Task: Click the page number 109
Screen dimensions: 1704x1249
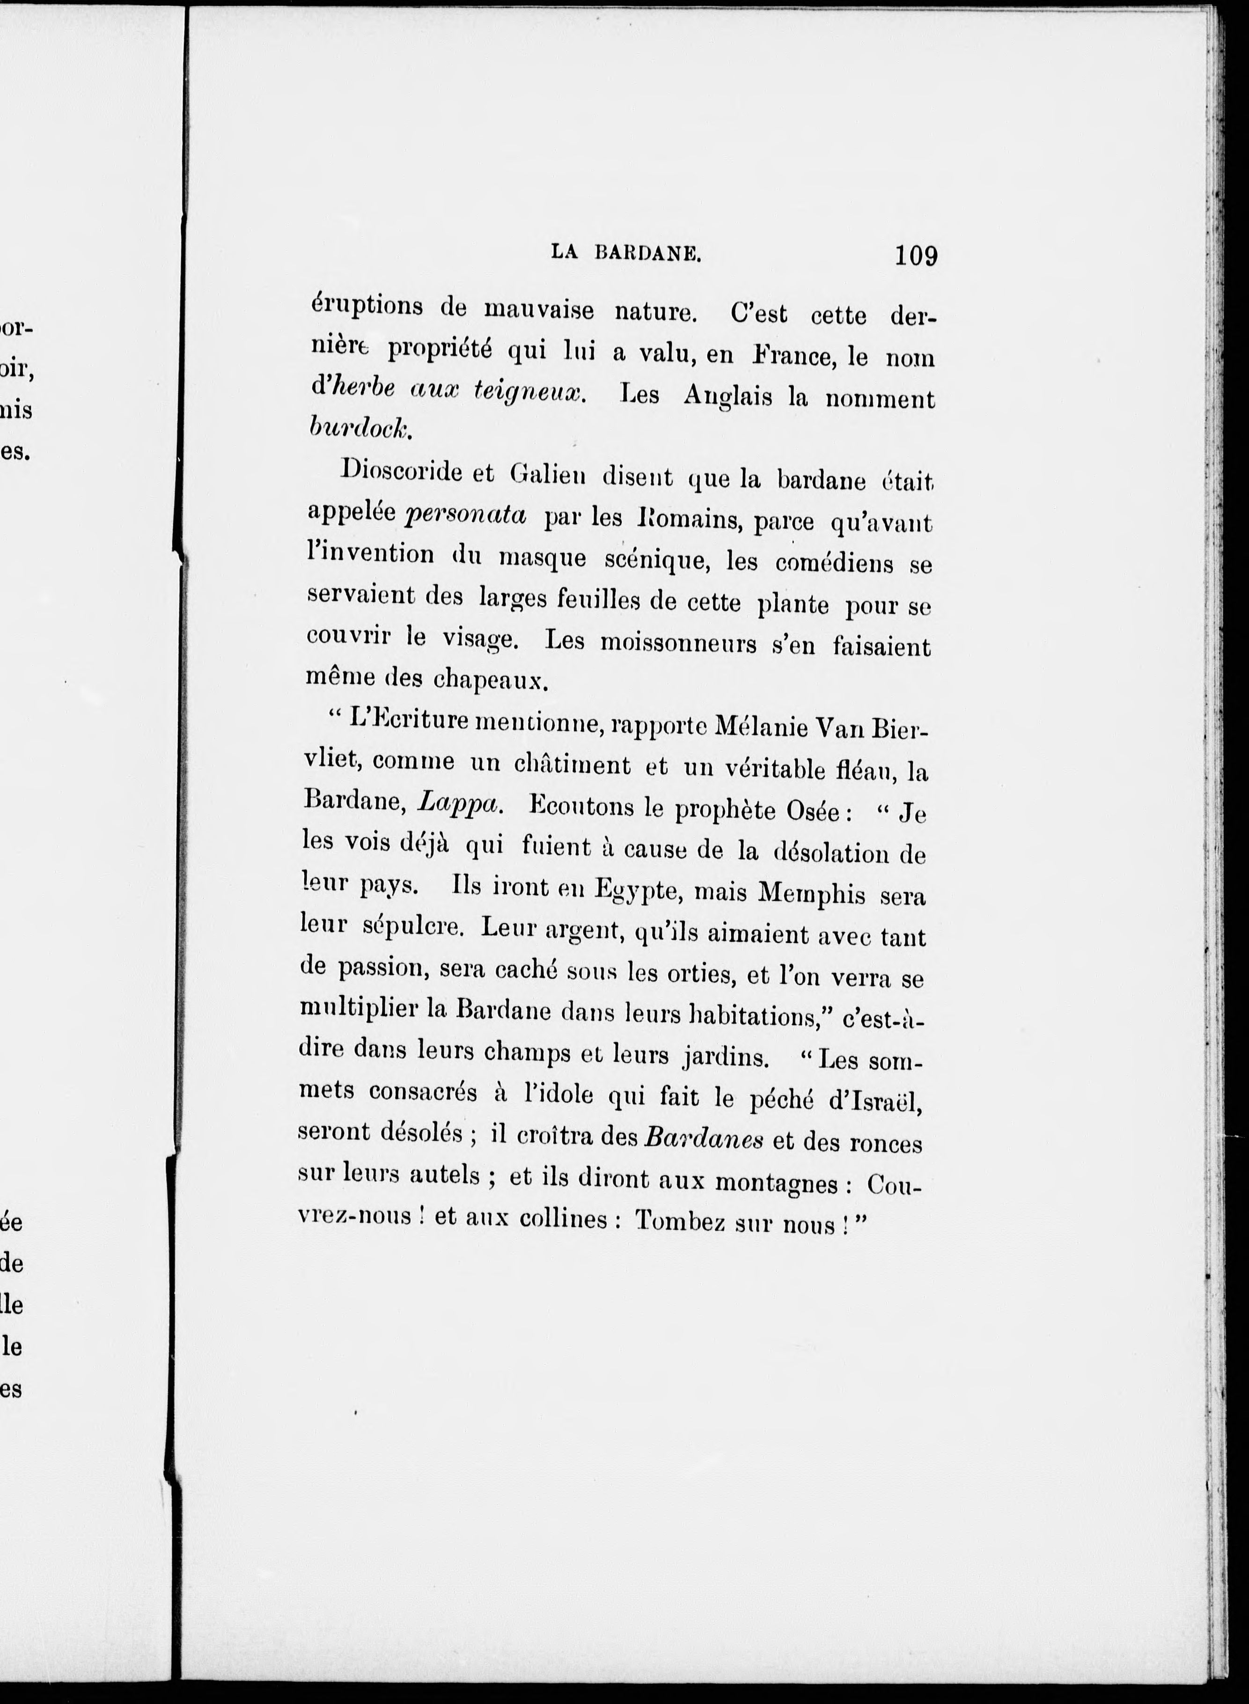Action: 916,256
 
